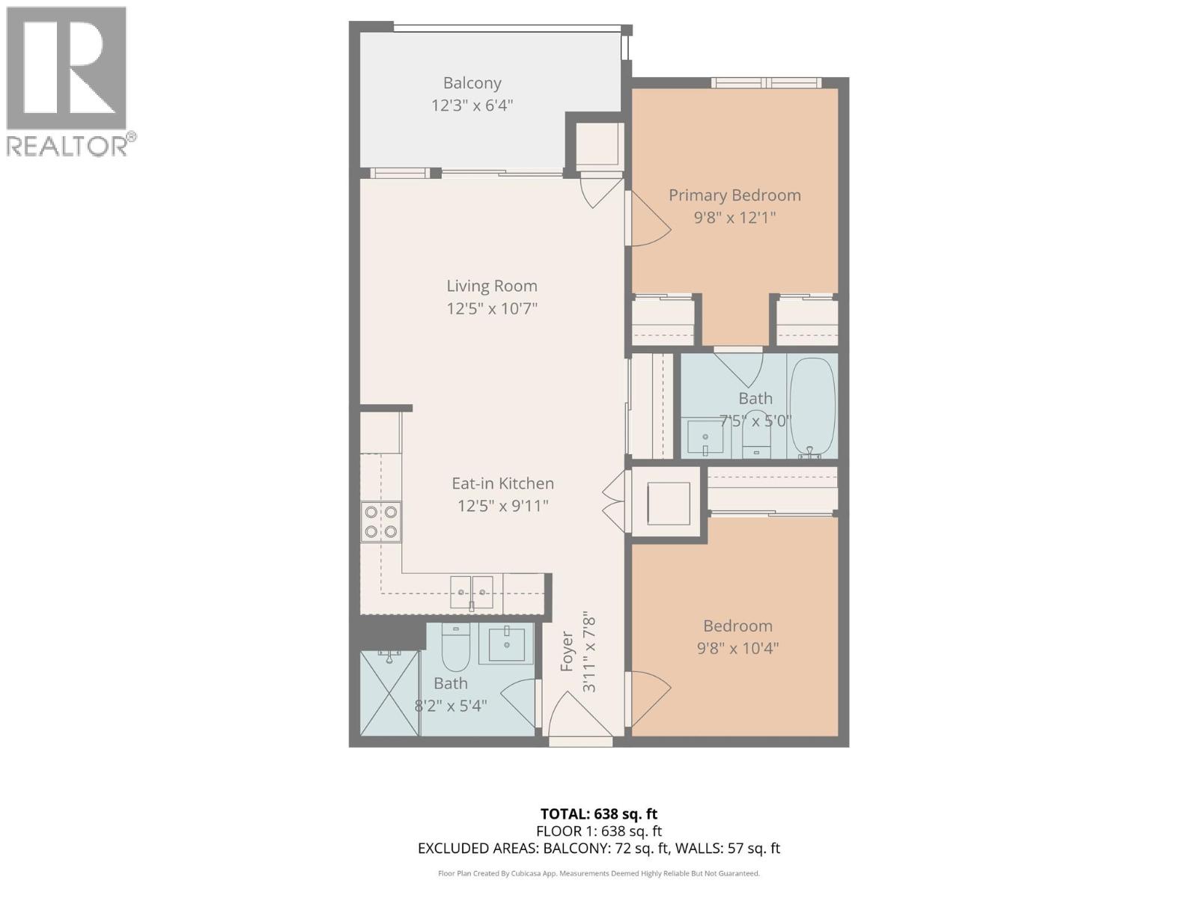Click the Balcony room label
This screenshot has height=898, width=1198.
pyautogui.click(x=472, y=83)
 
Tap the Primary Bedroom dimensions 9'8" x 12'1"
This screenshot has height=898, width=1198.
pyautogui.click(x=734, y=218)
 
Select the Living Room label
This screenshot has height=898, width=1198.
pyautogui.click(x=492, y=286)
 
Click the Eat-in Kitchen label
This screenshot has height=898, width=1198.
pyautogui.click(x=502, y=483)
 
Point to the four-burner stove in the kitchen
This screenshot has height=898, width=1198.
pyautogui.click(x=381, y=522)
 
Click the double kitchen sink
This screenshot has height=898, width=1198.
pyautogui.click(x=472, y=593)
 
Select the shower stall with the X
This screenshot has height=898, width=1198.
pyautogui.click(x=389, y=693)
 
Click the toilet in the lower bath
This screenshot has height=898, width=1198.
pyautogui.click(x=454, y=648)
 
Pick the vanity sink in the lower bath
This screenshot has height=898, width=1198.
pyautogui.click(x=506, y=643)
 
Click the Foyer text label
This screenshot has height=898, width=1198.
pyautogui.click(x=567, y=651)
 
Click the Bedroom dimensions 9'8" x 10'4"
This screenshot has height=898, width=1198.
pyautogui.click(x=738, y=648)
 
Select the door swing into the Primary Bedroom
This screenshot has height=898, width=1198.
pyautogui.click(x=648, y=219)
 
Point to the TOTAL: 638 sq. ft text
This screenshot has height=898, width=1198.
pyautogui.click(x=599, y=813)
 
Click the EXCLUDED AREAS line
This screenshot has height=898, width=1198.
pyautogui.click(x=599, y=848)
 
